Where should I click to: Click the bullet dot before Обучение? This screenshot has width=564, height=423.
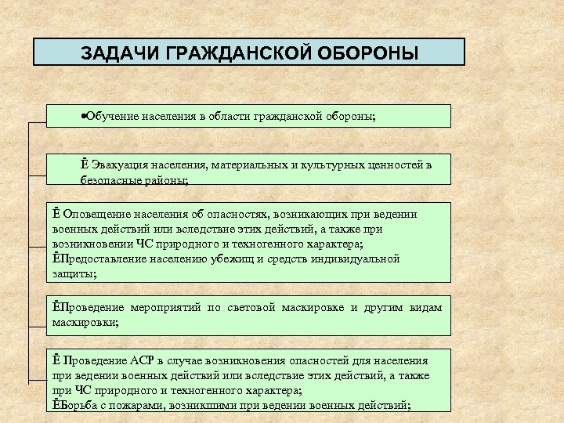(83, 116)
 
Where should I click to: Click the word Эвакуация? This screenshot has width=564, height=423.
(118, 164)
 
